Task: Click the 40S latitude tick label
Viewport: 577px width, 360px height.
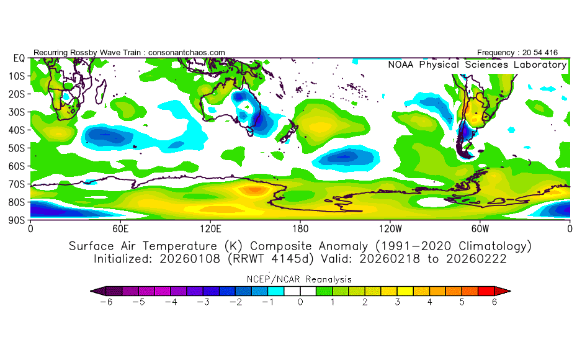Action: pos(17,130)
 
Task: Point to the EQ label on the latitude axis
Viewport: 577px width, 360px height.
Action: pos(19,58)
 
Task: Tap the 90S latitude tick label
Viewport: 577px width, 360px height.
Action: pos(17,220)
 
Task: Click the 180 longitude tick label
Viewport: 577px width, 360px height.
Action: pos(300,228)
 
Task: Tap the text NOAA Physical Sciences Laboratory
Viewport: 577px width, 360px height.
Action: pos(476,65)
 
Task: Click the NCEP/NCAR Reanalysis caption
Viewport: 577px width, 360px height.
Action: pos(300,279)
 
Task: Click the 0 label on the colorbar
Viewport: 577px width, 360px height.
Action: pos(300,302)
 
